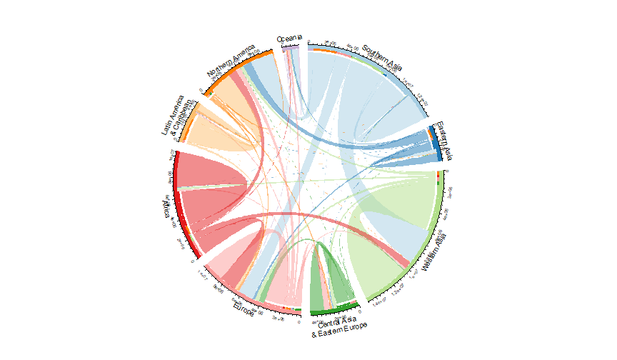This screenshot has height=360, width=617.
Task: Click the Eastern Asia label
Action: coord(445,141)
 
